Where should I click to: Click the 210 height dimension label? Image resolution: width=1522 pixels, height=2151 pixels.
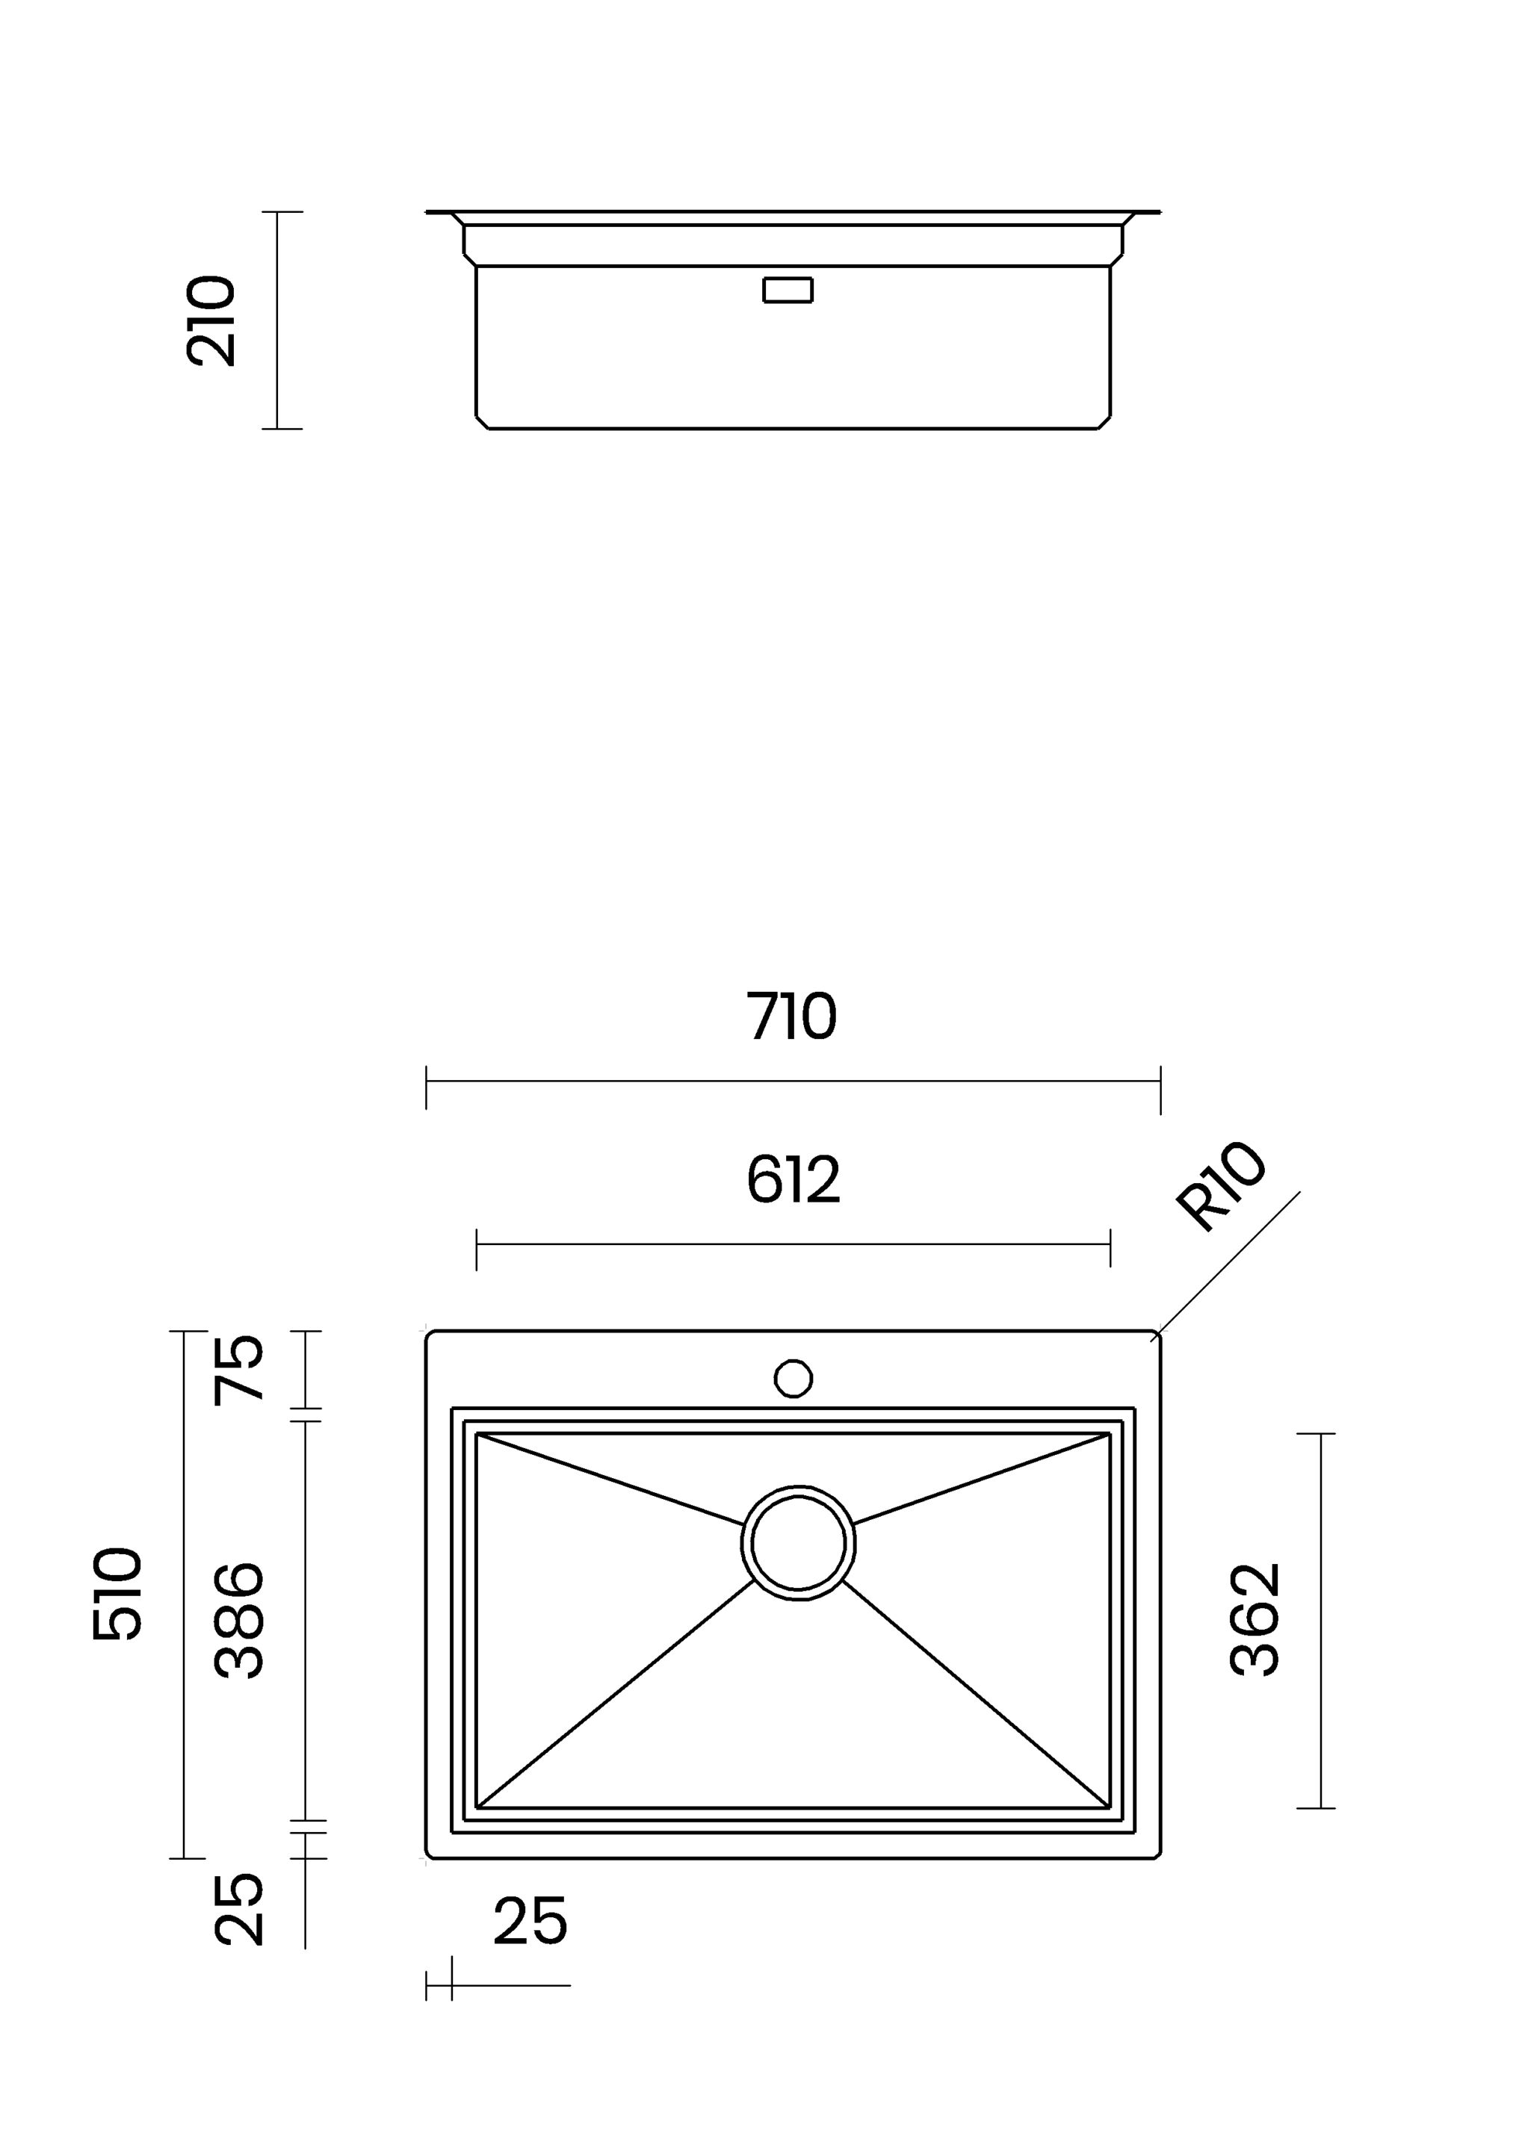(x=211, y=320)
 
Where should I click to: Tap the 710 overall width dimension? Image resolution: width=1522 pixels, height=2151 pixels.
(x=792, y=1016)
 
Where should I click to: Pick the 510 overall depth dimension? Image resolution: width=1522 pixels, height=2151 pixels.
(x=118, y=1595)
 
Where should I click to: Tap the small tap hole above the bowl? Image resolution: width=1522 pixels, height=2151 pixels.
(x=793, y=1378)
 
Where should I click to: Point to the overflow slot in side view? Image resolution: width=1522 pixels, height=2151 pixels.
(x=788, y=291)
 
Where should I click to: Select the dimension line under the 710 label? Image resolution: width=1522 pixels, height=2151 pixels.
(x=793, y=1081)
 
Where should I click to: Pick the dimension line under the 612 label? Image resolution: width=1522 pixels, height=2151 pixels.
(x=793, y=1244)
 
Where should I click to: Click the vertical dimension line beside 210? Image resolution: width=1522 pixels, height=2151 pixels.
(x=277, y=320)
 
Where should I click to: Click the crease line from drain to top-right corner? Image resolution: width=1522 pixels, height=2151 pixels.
(x=984, y=1480)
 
